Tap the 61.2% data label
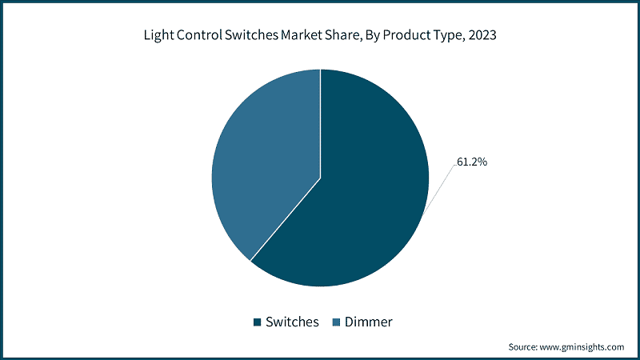coord(472,162)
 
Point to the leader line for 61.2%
coord(440,187)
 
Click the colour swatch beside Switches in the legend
coord(258,322)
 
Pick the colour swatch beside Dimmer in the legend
coord(337,322)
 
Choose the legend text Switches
coord(292,322)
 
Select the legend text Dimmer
coord(369,322)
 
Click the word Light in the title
coord(158,35)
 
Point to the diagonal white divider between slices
coord(286,219)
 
